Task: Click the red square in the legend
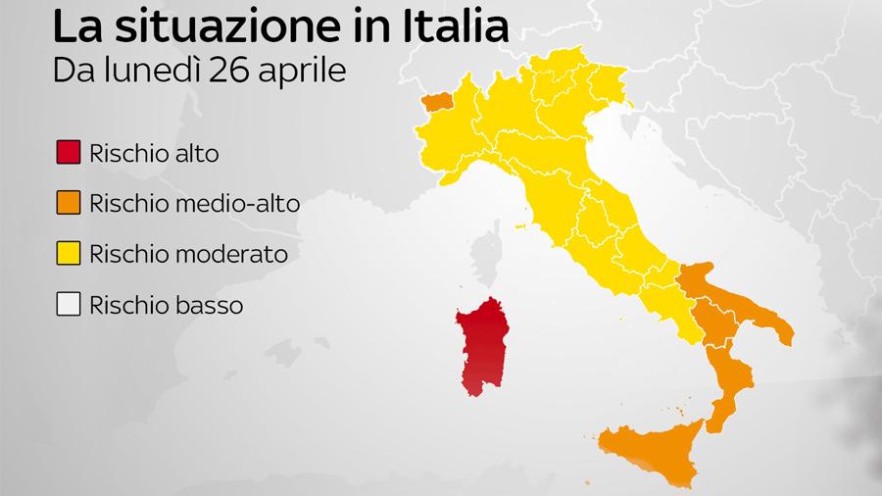(x=69, y=154)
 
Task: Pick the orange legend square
(x=69, y=204)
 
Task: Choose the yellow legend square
(x=69, y=254)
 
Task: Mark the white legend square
(x=69, y=305)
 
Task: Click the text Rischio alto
(x=154, y=154)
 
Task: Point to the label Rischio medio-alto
(x=194, y=204)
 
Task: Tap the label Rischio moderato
(x=188, y=254)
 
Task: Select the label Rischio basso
(x=166, y=305)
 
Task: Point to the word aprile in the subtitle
(x=310, y=72)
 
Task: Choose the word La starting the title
(x=77, y=26)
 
